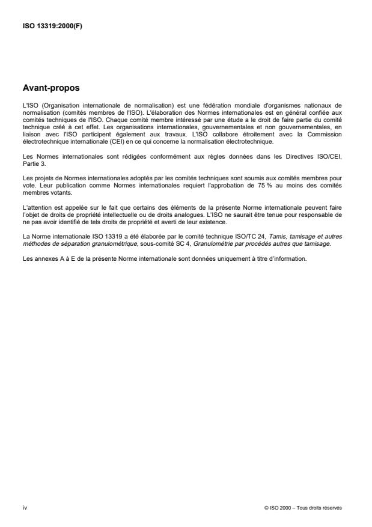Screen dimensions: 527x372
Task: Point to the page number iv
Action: [25, 507]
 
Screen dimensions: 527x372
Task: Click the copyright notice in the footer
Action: [303, 507]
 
